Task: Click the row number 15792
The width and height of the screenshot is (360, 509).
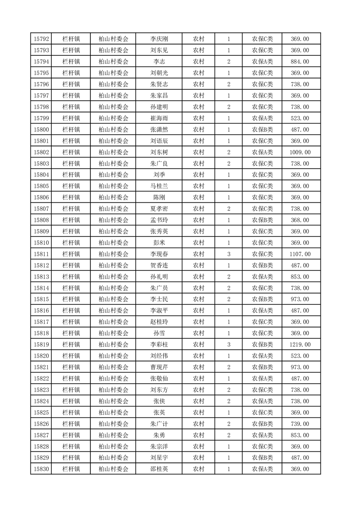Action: (x=41, y=39)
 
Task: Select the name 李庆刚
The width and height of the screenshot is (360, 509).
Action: (x=159, y=39)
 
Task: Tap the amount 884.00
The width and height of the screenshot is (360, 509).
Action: (x=300, y=62)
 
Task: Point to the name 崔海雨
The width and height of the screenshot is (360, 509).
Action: (x=159, y=118)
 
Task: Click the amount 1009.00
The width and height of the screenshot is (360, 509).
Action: (x=300, y=152)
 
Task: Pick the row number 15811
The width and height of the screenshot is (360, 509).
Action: (x=41, y=254)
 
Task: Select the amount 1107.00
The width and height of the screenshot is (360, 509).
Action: (x=300, y=254)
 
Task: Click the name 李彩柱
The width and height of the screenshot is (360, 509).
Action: (x=159, y=345)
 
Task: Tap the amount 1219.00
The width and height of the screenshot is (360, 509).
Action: (x=300, y=345)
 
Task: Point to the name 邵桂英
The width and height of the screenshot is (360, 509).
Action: (x=159, y=469)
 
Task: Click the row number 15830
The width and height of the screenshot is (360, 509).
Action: (x=41, y=469)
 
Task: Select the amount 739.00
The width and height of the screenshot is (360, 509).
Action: (x=300, y=424)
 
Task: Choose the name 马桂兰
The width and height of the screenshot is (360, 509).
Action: (x=159, y=186)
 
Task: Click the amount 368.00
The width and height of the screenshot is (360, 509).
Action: (x=300, y=220)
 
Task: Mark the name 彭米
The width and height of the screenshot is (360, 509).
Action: (x=159, y=243)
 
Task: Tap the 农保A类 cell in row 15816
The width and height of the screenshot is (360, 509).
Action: (x=262, y=311)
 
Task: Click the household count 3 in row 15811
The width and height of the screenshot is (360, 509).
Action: (x=228, y=254)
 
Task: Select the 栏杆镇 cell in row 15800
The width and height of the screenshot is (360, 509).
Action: (x=71, y=130)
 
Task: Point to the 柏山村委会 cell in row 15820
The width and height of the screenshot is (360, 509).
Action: (x=113, y=356)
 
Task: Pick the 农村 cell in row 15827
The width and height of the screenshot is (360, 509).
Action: (x=198, y=435)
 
